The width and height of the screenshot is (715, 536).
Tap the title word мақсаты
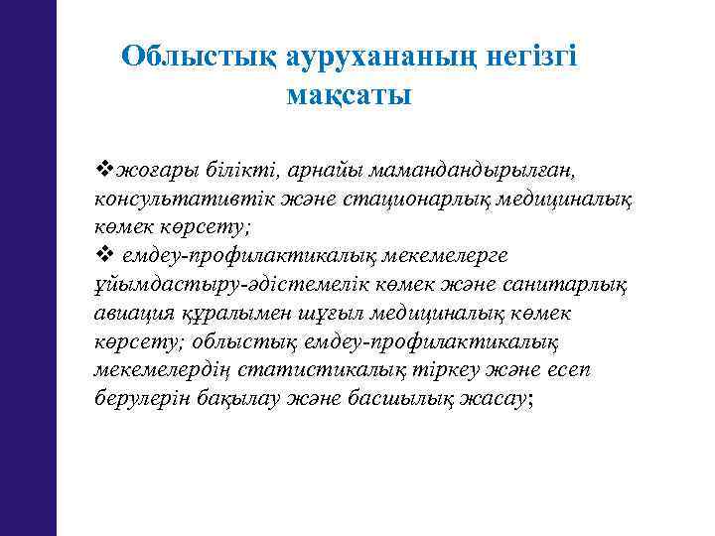coord(349,97)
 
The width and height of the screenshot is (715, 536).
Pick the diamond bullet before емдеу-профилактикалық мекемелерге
coord(101,255)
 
